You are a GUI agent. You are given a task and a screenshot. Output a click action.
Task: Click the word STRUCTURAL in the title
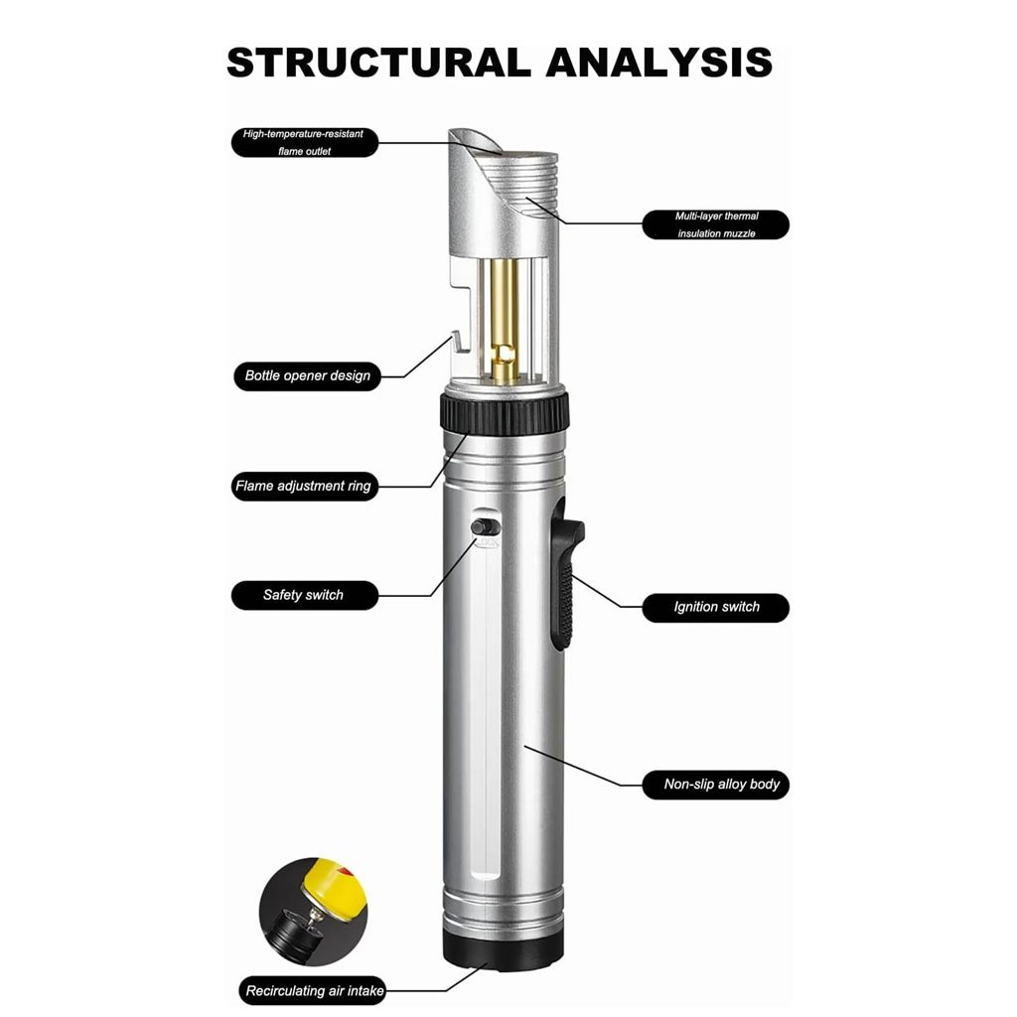[377, 62]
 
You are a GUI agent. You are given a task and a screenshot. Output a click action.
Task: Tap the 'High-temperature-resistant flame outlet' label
[305, 142]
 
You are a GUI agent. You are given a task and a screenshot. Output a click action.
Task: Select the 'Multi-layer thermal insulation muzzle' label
[715, 224]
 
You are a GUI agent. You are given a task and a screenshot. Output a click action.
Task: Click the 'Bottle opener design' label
[307, 376]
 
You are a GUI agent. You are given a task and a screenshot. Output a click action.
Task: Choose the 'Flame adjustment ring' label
[303, 487]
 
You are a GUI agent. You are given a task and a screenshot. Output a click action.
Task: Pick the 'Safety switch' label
[304, 595]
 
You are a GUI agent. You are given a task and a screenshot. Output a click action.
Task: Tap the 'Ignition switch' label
[715, 606]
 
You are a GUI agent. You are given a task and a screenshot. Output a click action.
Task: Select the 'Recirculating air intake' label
[314, 990]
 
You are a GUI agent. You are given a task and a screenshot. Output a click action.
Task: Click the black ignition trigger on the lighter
[567, 586]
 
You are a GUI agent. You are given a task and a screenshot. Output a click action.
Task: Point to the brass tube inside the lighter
[505, 318]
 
